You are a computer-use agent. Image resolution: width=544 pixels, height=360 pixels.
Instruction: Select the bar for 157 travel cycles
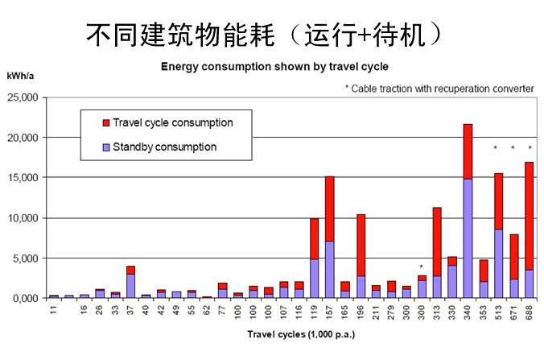(329, 237)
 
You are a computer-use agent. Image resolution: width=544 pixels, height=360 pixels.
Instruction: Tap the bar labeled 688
(530, 230)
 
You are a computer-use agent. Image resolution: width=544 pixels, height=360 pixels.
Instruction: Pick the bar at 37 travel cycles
(130, 282)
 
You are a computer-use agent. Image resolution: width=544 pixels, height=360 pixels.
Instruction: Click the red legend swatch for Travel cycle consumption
(105, 123)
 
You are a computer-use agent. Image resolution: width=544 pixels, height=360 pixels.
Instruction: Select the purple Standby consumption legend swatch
(105, 147)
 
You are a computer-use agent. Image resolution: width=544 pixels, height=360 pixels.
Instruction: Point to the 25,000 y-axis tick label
(23, 97)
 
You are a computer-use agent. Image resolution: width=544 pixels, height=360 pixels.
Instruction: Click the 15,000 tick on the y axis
(23, 178)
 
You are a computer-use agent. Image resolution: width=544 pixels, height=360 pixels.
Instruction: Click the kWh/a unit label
(21, 76)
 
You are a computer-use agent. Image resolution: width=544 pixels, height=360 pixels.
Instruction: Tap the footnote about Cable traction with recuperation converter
(439, 87)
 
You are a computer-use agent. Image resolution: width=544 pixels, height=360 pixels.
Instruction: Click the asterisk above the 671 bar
(513, 148)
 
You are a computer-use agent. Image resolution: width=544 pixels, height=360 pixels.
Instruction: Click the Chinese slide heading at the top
(262, 34)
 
